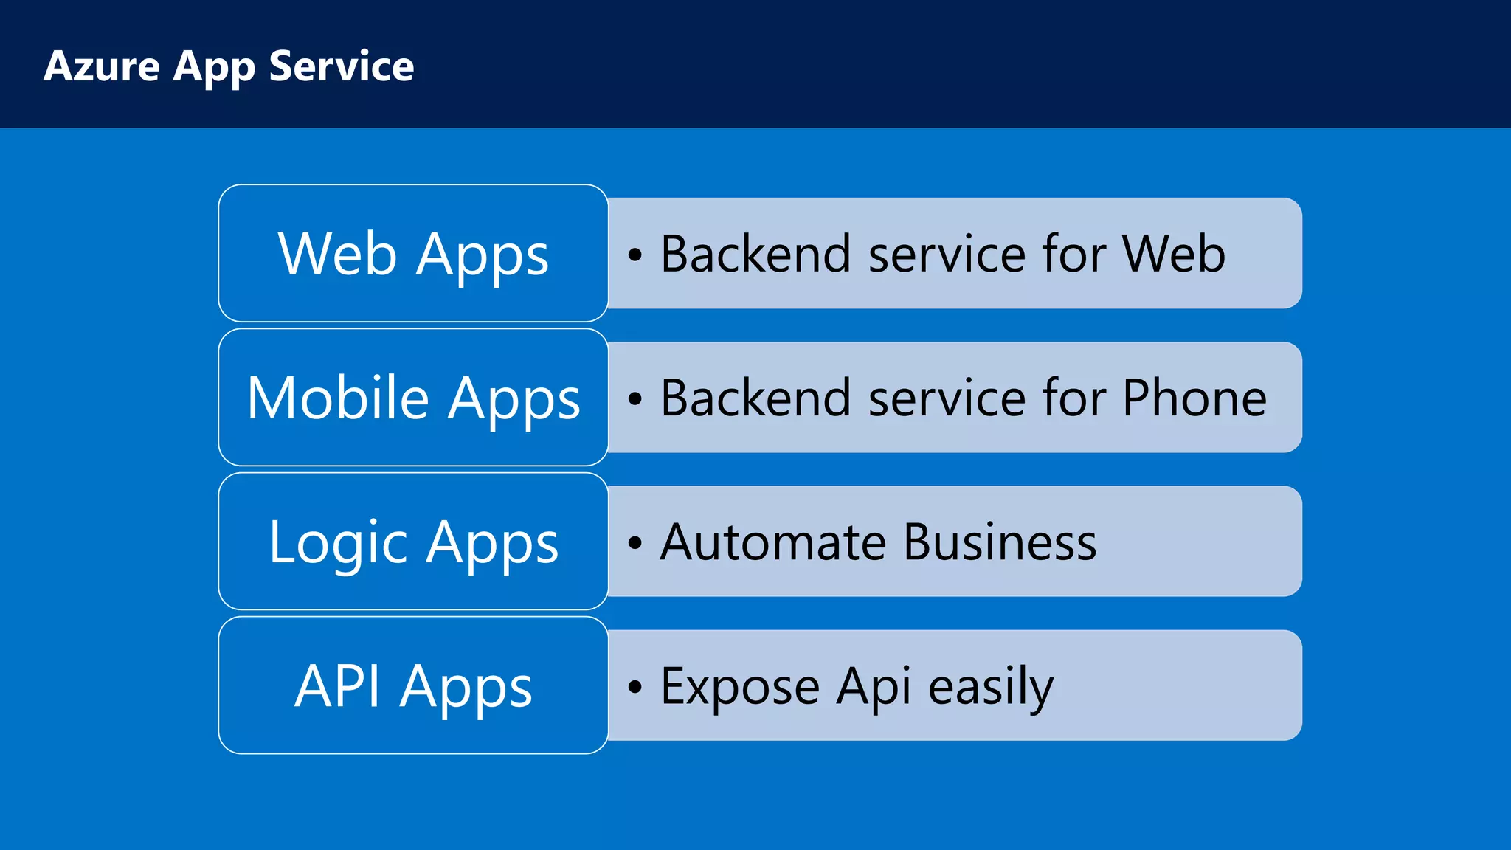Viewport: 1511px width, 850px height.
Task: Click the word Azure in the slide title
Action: [102, 66]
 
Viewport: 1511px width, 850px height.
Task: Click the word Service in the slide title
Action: [341, 66]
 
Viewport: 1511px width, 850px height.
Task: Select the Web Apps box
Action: [413, 253]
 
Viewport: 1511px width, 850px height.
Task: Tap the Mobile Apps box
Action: [413, 397]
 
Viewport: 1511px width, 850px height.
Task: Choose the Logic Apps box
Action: [413, 542]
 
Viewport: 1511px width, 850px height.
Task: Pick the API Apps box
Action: [413, 685]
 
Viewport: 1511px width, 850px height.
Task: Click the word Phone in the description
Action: [1194, 398]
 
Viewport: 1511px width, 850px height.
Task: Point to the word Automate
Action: [773, 542]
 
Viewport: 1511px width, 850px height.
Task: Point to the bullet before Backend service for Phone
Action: [635, 399]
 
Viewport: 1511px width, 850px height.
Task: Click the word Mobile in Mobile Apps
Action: [338, 398]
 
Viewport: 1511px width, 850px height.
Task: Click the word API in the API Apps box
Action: [337, 686]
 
